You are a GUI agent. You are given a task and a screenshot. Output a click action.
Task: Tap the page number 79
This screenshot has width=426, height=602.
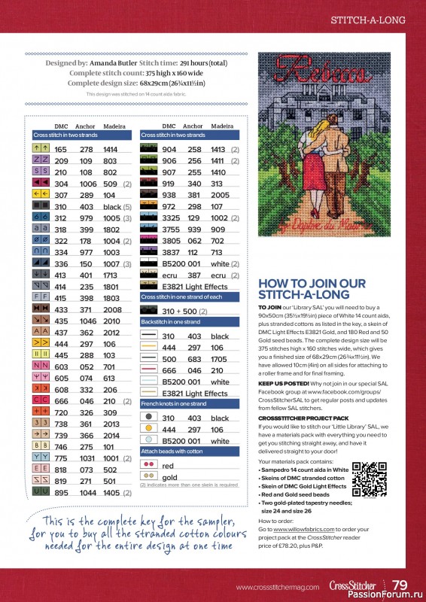coord(400,585)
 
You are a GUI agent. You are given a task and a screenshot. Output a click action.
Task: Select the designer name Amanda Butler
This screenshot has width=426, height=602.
coord(113,64)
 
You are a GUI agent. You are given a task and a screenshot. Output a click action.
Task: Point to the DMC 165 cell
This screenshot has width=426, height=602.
coord(61,150)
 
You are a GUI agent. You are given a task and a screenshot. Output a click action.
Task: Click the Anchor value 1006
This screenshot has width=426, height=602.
coord(87,184)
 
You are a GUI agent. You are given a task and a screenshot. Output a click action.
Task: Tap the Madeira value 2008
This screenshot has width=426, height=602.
coord(112,309)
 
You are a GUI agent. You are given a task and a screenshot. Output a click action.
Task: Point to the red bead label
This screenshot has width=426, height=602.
coord(168,466)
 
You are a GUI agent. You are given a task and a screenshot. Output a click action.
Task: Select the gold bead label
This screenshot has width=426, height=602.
coord(169,478)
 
